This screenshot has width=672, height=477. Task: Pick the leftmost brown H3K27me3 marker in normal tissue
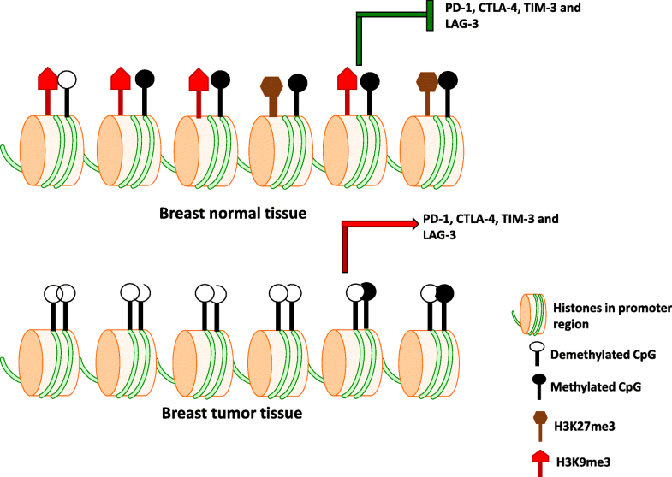272,86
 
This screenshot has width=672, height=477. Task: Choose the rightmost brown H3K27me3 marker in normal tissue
425,83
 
